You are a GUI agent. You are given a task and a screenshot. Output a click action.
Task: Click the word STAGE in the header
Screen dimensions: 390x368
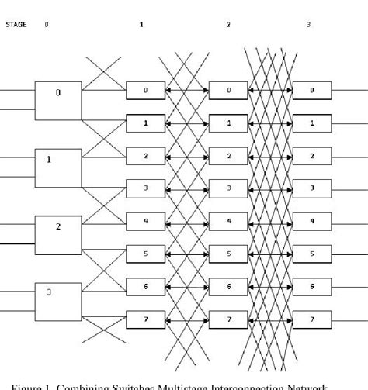pos(16,25)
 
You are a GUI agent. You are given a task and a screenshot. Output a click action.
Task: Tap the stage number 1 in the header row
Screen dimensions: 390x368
pos(141,25)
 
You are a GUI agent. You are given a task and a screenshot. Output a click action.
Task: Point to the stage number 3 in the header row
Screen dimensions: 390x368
pos(308,25)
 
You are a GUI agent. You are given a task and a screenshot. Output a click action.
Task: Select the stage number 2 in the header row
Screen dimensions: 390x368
pos(228,25)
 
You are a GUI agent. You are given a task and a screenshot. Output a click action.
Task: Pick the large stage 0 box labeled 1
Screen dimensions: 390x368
pos(58,164)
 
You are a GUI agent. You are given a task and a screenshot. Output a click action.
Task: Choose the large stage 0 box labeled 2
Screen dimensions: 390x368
pos(58,230)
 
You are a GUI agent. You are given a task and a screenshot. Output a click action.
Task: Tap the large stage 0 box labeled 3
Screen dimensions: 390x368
pos(58,296)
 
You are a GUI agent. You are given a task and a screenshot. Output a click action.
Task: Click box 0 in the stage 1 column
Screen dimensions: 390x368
pos(144,91)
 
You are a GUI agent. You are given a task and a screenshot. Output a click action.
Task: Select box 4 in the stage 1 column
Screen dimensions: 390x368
pos(144,220)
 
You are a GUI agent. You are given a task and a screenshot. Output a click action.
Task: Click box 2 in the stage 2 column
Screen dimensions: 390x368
pos(227,157)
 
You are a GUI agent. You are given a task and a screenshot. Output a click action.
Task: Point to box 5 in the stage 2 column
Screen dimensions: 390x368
pos(227,254)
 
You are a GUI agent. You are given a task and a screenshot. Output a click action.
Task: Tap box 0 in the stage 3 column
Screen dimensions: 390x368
pos(312,91)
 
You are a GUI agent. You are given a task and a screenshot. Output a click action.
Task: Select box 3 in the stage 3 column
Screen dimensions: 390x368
pos(312,188)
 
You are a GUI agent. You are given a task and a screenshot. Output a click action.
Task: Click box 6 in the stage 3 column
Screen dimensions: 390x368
pos(312,287)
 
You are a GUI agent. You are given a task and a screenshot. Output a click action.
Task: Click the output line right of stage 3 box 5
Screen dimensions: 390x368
pos(349,254)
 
